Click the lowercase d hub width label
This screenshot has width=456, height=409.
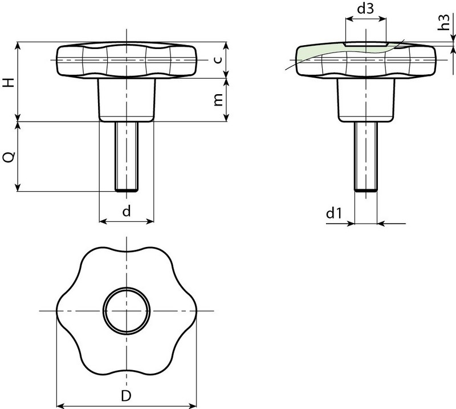(127, 212)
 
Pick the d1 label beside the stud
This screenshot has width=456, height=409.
(333, 214)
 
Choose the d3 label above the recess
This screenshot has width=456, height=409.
(366, 10)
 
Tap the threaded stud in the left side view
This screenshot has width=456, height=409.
(126, 156)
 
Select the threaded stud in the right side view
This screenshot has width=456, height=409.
(365, 156)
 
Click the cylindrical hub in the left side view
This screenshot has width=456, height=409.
(127, 99)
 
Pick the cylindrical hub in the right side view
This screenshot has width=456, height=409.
(365, 99)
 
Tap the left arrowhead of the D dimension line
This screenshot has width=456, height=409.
(60, 406)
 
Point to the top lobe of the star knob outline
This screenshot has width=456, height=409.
(126, 251)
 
